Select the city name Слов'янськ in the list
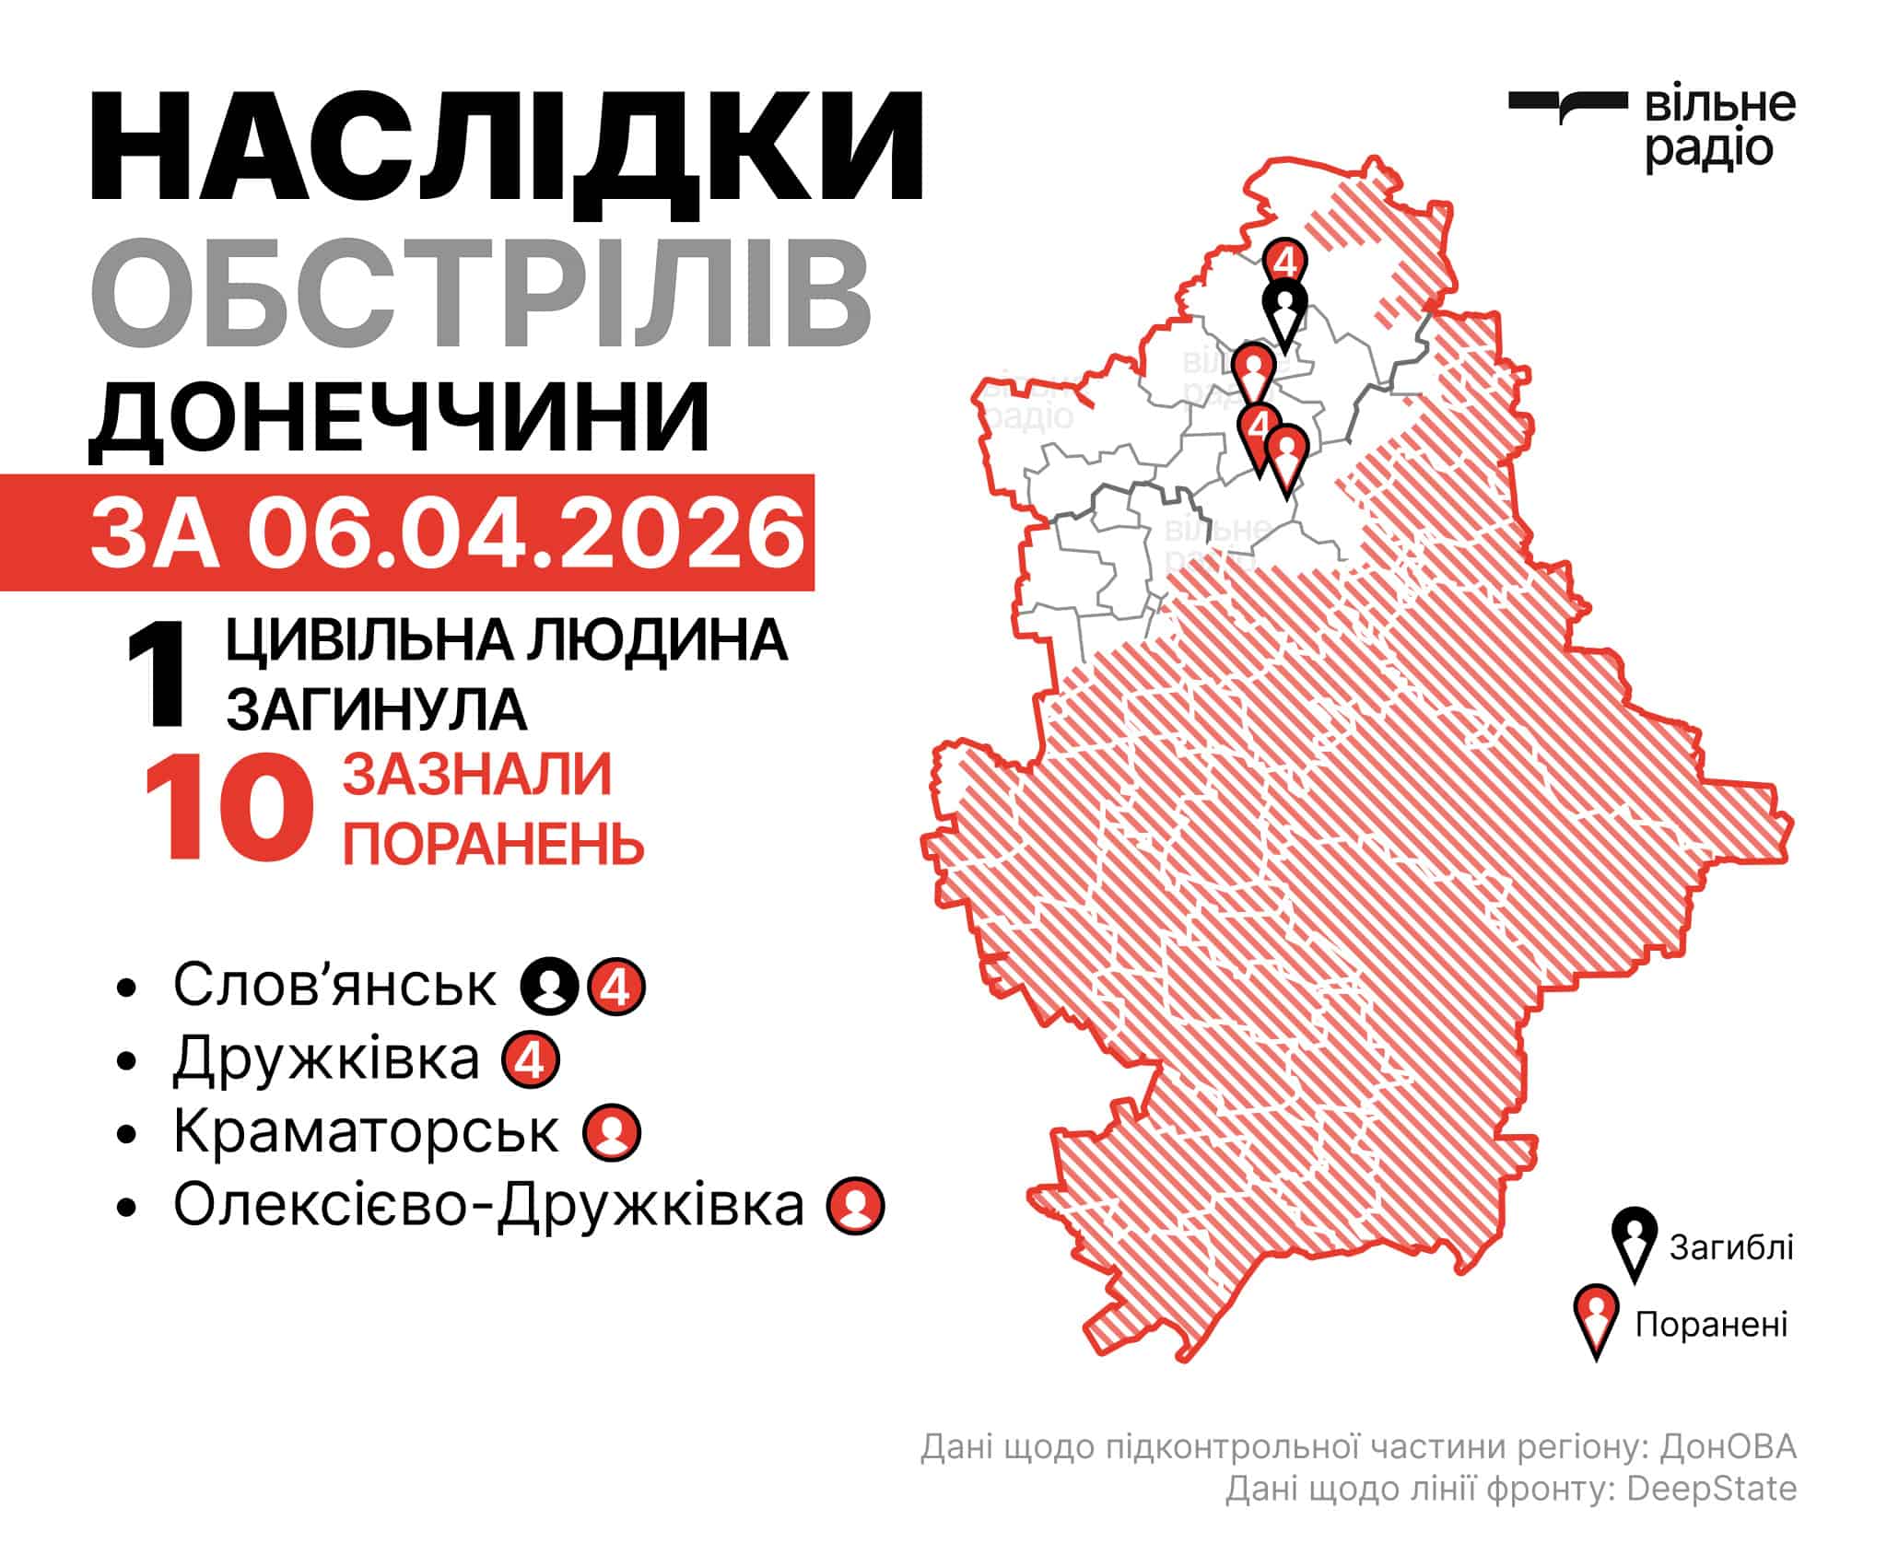[x=334, y=985]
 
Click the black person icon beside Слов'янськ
[x=549, y=987]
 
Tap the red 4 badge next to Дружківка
[x=531, y=1060]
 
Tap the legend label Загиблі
[x=1731, y=1247]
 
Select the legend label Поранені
[x=1711, y=1325]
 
